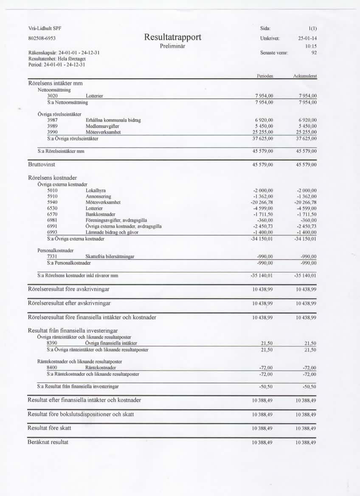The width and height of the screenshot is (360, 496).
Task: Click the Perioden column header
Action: pyautogui.click(x=264, y=76)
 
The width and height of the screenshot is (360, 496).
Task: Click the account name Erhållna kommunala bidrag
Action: pyautogui.click(x=113, y=121)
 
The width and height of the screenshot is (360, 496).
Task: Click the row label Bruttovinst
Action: pyautogui.click(x=42, y=164)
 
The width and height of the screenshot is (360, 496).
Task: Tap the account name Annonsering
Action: pyautogui.click(x=98, y=197)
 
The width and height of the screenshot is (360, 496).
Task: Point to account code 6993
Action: pyautogui.click(x=52, y=232)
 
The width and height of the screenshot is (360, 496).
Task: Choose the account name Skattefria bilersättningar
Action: pyautogui.click(x=110, y=256)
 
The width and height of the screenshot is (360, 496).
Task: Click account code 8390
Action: pyautogui.click(x=52, y=343)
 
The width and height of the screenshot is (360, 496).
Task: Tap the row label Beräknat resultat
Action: pyautogui.click(x=48, y=442)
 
